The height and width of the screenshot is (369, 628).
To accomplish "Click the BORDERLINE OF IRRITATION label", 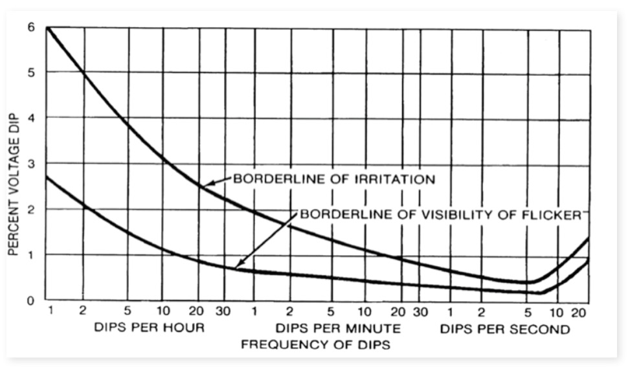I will (x=334, y=179).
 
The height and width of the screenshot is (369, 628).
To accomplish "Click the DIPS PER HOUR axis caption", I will (x=149, y=328).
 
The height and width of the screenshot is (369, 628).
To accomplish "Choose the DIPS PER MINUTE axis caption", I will (x=338, y=328).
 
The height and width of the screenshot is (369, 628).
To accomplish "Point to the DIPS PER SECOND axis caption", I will (x=505, y=328).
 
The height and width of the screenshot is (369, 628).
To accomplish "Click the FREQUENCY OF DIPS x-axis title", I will (x=315, y=344).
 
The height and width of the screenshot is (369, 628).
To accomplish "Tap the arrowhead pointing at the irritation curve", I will (x=205, y=186).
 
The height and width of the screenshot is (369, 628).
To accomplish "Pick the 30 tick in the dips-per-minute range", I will (x=421, y=312).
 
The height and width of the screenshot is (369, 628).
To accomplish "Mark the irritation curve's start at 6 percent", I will (x=48, y=28).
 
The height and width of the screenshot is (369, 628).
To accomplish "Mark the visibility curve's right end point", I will (x=588, y=260).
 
